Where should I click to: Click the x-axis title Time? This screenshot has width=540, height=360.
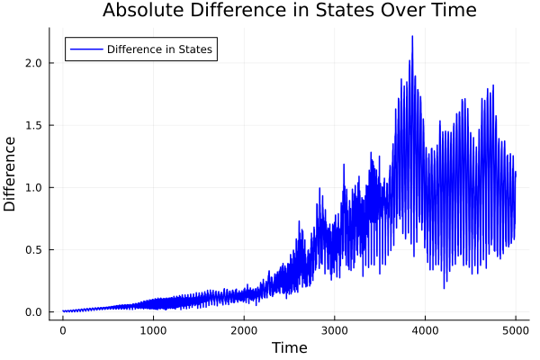click(x=289, y=348)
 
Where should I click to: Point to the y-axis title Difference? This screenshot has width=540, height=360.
click(x=11, y=174)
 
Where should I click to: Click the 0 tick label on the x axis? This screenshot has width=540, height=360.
click(x=63, y=330)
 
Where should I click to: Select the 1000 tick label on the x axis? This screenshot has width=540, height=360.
click(x=153, y=330)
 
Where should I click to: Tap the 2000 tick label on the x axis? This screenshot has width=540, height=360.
click(x=244, y=330)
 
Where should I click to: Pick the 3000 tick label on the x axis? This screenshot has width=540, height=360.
click(x=335, y=330)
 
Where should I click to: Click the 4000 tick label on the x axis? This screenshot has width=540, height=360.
click(x=426, y=330)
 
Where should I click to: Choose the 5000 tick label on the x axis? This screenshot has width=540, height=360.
click(x=516, y=330)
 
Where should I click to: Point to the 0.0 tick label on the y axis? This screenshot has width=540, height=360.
click(x=32, y=312)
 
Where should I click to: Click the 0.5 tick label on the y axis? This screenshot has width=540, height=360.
click(x=32, y=250)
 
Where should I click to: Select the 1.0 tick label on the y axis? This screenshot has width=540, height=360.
click(x=32, y=187)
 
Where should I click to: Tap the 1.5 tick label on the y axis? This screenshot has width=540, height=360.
click(x=32, y=125)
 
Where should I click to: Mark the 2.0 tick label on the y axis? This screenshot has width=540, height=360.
click(x=32, y=62)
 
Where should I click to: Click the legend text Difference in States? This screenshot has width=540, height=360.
click(x=159, y=49)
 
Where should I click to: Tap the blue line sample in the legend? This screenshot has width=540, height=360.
click(x=85, y=49)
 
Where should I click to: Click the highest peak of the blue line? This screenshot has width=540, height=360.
click(x=412, y=37)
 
